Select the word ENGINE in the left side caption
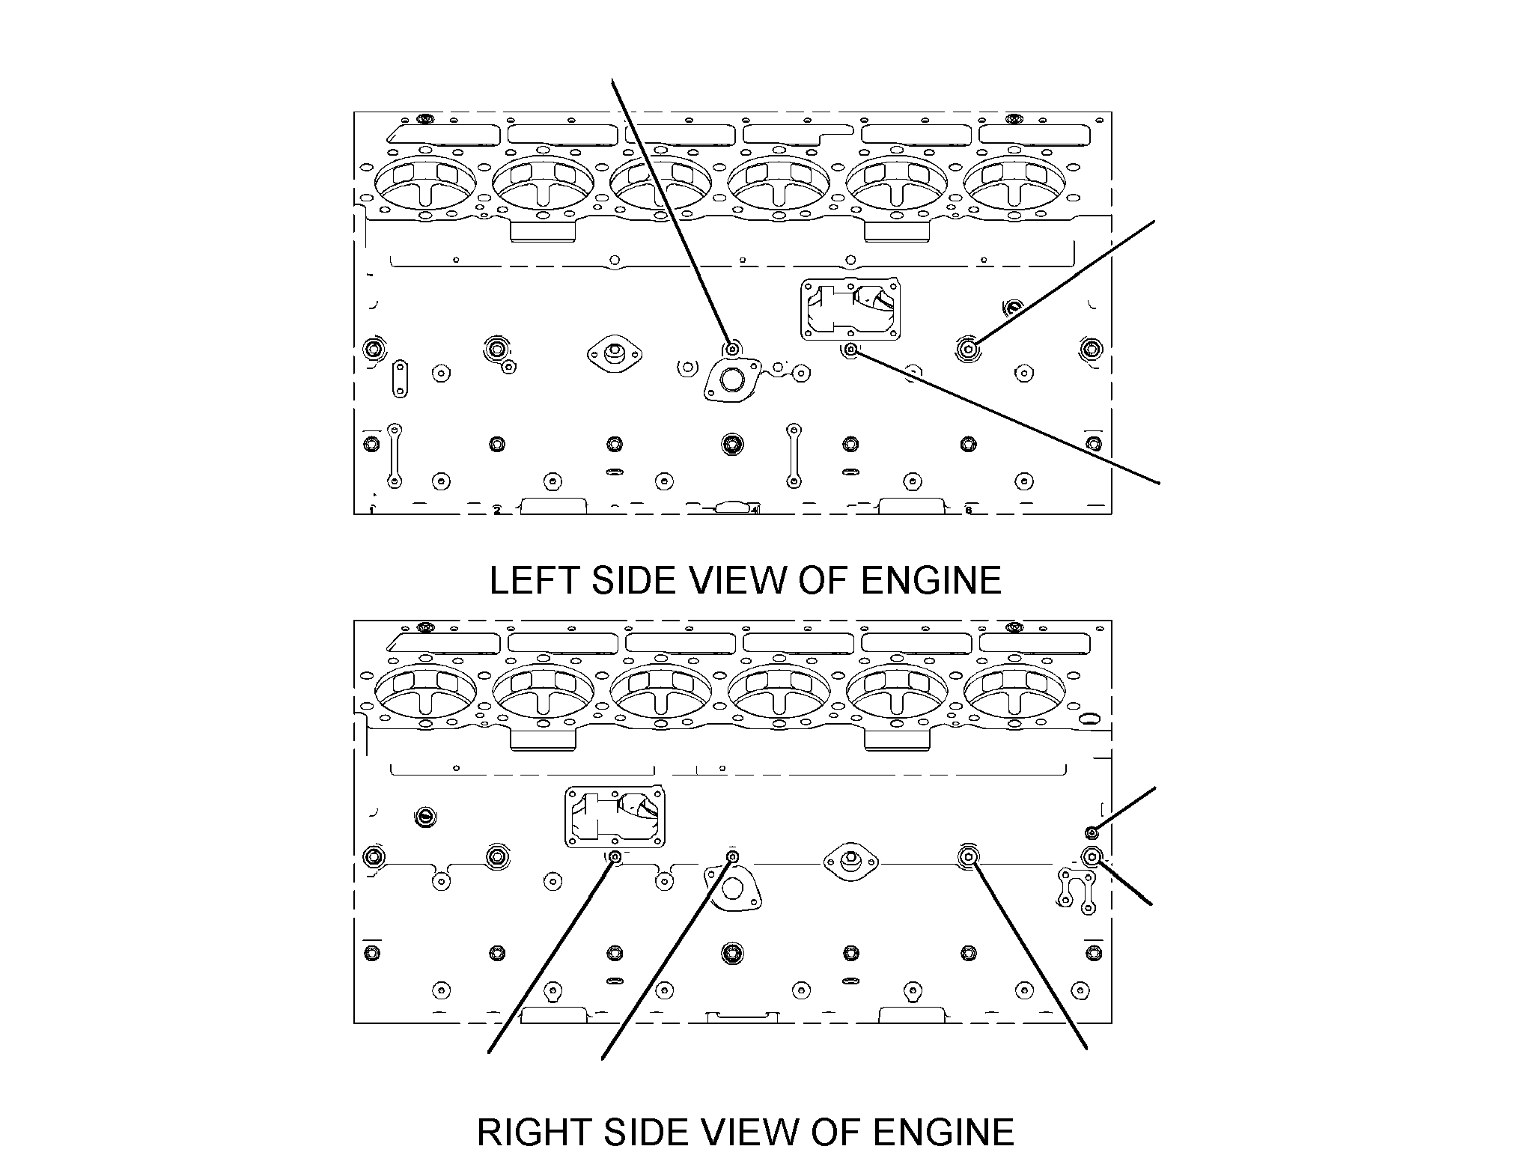click(x=931, y=581)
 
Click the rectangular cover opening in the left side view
click(x=850, y=309)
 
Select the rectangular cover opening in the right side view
click(x=614, y=817)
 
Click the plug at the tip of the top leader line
click(x=732, y=349)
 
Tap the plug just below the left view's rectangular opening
click(x=850, y=350)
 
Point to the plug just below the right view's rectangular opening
click(x=615, y=857)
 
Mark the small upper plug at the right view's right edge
click(x=1092, y=832)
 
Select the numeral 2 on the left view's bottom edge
click(x=496, y=511)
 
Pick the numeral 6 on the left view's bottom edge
click(x=968, y=511)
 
